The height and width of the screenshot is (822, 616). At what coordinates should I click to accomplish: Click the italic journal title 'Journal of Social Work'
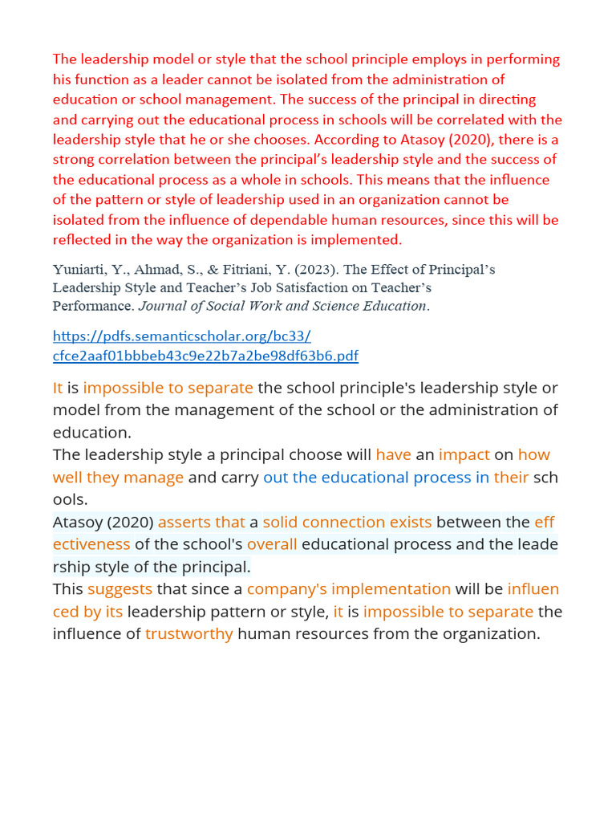click(x=217, y=306)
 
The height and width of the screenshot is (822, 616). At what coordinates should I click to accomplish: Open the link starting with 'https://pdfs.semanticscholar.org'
click(x=181, y=336)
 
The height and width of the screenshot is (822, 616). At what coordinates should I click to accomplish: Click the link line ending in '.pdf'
click(x=205, y=356)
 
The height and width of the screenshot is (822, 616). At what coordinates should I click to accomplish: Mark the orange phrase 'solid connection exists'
click(x=347, y=522)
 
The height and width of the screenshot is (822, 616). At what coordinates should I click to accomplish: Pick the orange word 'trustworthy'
click(x=189, y=633)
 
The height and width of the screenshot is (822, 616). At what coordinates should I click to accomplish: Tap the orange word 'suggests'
click(x=120, y=588)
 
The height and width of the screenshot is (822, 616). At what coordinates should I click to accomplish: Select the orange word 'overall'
click(x=272, y=544)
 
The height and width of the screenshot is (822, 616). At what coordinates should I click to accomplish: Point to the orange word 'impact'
click(x=464, y=454)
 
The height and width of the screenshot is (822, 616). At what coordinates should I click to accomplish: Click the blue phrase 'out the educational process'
click(x=367, y=477)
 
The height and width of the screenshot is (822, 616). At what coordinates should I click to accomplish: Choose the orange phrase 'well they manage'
click(x=119, y=477)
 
